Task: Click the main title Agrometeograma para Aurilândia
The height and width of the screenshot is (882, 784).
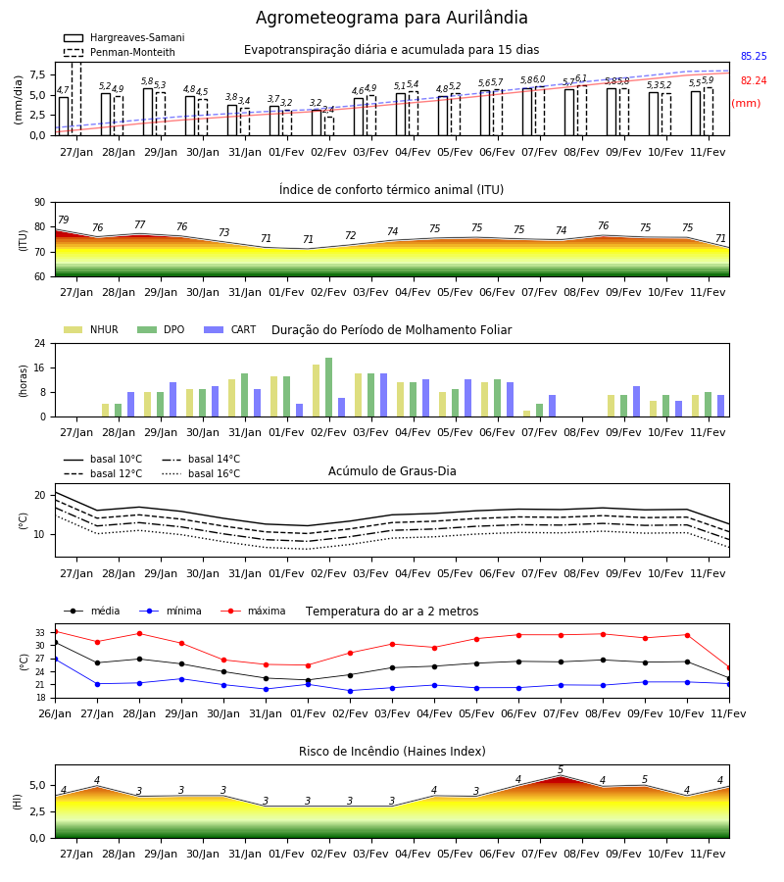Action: point(391,18)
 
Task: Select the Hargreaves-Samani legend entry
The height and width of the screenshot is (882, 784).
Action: point(124,37)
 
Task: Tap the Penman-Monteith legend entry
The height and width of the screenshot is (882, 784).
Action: point(120,52)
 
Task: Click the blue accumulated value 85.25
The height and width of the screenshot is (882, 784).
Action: point(754,56)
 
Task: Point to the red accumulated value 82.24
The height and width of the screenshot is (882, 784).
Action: point(754,80)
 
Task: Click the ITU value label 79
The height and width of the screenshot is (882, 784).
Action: point(64,220)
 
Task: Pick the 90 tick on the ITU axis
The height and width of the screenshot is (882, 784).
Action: point(39,203)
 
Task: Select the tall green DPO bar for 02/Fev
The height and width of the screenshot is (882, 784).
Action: point(328,387)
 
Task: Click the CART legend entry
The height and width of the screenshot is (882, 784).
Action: point(230,329)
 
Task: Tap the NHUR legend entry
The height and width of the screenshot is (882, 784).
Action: point(91,329)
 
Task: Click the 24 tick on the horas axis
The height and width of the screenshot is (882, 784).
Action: point(39,343)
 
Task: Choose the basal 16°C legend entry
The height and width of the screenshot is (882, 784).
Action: point(201,473)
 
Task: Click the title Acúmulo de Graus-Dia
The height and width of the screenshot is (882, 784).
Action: point(392,471)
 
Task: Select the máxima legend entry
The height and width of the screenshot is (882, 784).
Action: point(253,611)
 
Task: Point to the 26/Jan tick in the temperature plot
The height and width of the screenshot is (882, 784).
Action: point(55,713)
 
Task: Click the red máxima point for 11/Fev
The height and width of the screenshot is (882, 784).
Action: point(729,667)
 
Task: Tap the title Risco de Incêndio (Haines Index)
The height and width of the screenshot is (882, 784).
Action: point(392,752)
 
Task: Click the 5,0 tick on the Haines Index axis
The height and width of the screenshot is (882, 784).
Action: point(38,786)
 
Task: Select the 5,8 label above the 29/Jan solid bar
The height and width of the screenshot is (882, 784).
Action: point(147,81)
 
